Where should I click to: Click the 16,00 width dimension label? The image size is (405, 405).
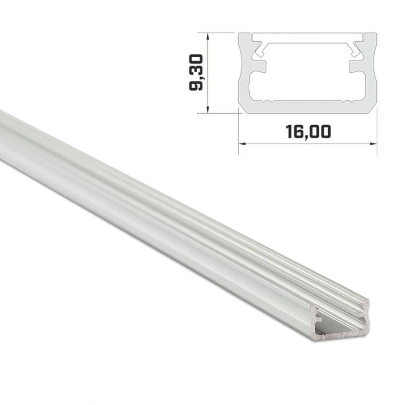308,131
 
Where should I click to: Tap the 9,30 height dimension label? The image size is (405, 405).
195,73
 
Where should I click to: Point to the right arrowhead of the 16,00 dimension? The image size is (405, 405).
374,143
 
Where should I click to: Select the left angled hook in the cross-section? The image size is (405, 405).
258,50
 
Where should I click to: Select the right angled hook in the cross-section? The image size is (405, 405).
357,50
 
